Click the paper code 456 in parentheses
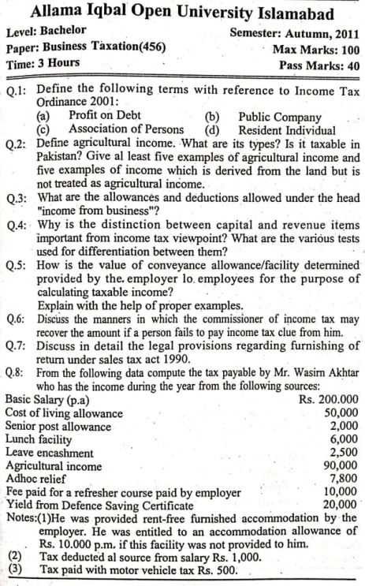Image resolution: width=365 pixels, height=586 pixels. coord(153,49)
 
